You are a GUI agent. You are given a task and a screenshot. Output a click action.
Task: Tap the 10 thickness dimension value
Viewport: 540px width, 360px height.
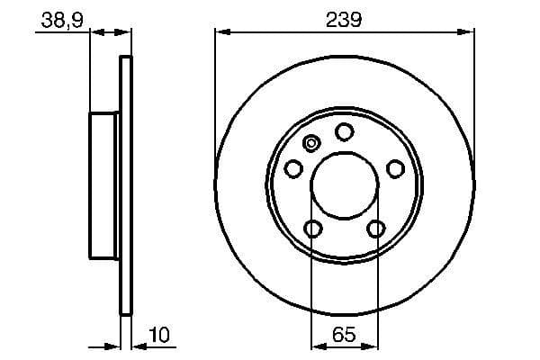158,335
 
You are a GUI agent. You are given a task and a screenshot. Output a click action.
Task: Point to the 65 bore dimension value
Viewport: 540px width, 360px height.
344,335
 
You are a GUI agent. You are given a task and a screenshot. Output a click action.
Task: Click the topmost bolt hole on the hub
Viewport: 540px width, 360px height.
344,132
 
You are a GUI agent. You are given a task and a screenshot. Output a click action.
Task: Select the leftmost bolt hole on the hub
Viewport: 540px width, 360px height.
292,168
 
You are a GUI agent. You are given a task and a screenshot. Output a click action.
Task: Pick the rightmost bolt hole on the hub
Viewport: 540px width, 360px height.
394,168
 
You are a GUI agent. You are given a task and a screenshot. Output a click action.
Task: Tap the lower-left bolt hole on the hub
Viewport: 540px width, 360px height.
312,229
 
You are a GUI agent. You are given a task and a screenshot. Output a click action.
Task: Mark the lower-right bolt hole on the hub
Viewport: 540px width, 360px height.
375,229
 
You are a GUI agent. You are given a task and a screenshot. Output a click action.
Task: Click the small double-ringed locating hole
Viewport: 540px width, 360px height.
312,142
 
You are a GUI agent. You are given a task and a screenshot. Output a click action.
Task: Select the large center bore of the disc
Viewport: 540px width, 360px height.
344,185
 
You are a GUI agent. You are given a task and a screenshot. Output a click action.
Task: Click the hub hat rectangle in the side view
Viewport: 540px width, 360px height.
104,185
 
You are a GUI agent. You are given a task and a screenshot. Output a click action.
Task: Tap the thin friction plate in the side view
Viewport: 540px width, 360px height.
126,185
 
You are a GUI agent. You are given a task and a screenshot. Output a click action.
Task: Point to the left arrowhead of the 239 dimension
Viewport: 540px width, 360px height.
220,32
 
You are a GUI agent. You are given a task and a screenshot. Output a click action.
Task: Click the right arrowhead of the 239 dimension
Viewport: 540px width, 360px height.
468,32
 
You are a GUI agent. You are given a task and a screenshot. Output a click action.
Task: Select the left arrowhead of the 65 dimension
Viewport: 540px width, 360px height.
317,346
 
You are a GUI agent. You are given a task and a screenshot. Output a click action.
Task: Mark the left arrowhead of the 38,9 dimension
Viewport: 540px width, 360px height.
97,32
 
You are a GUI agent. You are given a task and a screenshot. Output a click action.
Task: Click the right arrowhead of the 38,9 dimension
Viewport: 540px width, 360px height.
125,32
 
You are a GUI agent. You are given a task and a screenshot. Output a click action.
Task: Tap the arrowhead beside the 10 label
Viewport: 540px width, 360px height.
138,346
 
